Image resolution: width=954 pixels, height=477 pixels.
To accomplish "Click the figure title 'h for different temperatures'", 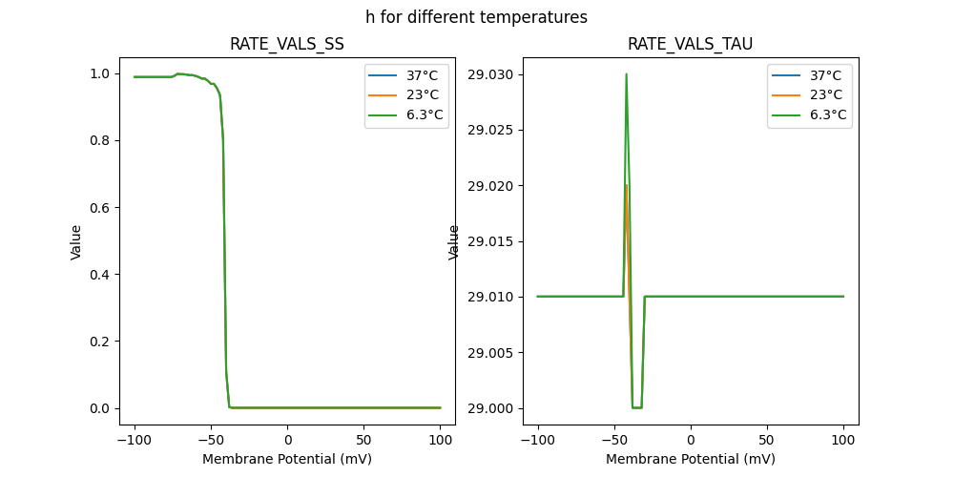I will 476,17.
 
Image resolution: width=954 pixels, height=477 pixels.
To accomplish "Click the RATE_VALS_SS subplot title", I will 286,45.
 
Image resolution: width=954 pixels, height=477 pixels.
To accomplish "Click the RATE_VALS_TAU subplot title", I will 690,45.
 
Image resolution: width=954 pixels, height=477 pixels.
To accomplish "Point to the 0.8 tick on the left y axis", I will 99,141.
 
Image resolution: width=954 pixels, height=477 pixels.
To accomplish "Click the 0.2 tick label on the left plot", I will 99,342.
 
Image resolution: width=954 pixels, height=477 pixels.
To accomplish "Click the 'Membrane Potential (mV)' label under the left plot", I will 286,459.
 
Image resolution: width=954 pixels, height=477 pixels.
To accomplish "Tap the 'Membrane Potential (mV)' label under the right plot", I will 690,459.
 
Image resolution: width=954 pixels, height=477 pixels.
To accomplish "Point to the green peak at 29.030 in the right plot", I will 626,74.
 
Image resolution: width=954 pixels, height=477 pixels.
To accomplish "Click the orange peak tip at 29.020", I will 626,185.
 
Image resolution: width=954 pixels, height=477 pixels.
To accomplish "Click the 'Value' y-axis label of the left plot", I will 76,242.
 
